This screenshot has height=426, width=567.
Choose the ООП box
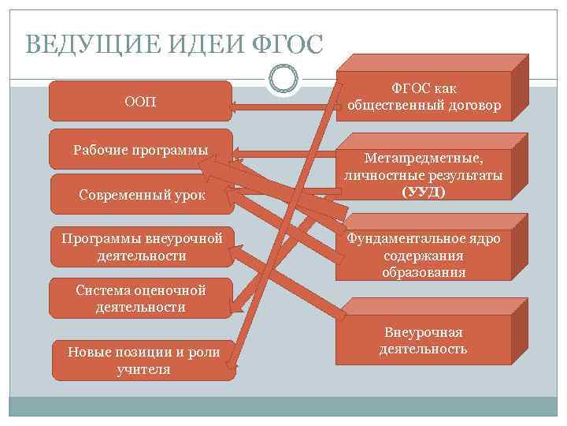(x=140, y=101)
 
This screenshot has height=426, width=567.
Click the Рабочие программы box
(x=140, y=148)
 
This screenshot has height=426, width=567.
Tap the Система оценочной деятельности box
(x=140, y=298)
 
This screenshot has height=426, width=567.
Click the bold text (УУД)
(x=423, y=192)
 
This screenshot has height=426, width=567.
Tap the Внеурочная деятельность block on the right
(x=423, y=340)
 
